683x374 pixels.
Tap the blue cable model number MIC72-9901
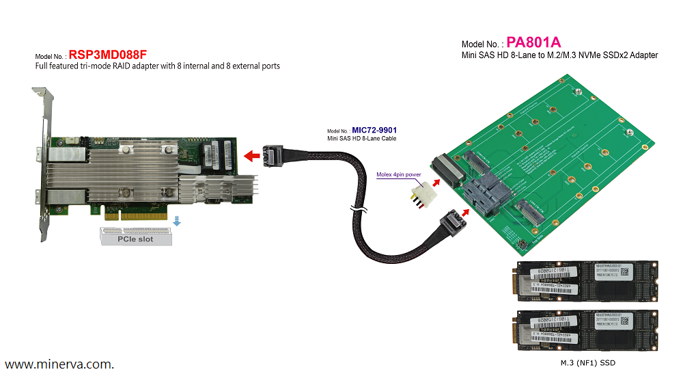coord(374,130)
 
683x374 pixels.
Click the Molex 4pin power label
coord(399,174)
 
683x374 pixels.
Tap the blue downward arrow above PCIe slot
coord(177,221)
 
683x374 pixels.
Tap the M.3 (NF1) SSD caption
coord(583,362)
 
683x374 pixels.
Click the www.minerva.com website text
coord(59,364)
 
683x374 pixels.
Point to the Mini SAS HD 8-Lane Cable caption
coord(362,139)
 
